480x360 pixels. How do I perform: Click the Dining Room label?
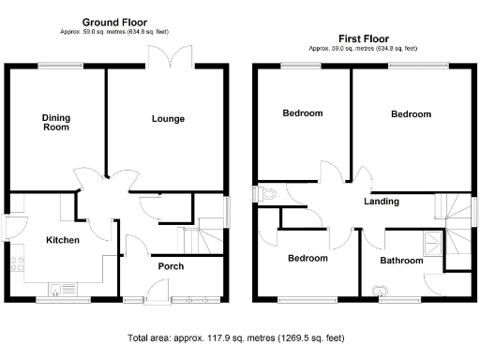pyautogui.click(x=55, y=123)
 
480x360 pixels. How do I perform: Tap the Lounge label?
pyautogui.click(x=168, y=119)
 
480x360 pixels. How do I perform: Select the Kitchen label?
pyautogui.click(x=63, y=241)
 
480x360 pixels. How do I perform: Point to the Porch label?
pyautogui.click(x=170, y=267)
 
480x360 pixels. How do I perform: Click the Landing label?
pyautogui.click(x=382, y=202)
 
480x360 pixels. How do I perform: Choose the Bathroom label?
pyautogui.click(x=400, y=261)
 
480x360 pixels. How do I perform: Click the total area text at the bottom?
pyautogui.click(x=240, y=337)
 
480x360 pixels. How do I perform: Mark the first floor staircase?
pyautogui.click(x=457, y=230)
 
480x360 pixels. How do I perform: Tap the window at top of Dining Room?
pyautogui.click(x=52, y=65)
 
